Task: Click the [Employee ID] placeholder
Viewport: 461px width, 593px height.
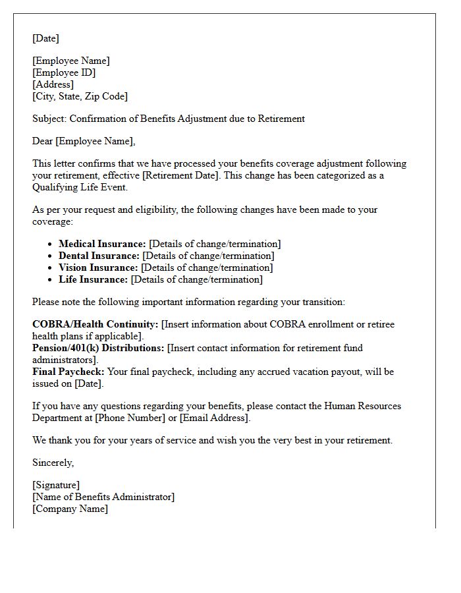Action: [x=64, y=72]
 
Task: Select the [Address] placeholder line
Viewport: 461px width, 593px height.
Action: [x=53, y=84]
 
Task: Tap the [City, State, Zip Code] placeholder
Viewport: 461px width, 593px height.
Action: [x=80, y=96]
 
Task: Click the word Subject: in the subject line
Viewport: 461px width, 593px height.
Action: [x=49, y=119]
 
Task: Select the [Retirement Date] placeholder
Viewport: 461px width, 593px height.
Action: [x=180, y=175]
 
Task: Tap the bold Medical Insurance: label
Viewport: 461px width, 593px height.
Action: [x=102, y=244]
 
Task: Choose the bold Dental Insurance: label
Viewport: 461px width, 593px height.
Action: [x=99, y=256]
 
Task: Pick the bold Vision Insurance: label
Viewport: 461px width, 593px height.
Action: [x=98, y=268]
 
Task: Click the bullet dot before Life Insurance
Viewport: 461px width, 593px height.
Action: [x=50, y=280]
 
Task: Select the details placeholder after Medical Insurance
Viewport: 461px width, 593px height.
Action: [x=215, y=244]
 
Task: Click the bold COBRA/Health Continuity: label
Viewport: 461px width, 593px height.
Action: [x=95, y=325]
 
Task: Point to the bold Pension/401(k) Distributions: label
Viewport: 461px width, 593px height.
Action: [x=98, y=348]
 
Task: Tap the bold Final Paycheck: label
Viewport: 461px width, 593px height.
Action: [x=68, y=372]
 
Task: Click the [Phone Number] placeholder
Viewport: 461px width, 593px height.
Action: [x=135, y=418]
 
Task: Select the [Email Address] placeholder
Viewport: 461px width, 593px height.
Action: [x=214, y=418]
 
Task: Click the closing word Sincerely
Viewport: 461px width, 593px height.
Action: [x=53, y=463]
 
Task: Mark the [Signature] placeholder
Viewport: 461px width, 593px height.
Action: [x=56, y=486]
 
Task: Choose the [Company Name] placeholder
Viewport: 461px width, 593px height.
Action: [x=70, y=509]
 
